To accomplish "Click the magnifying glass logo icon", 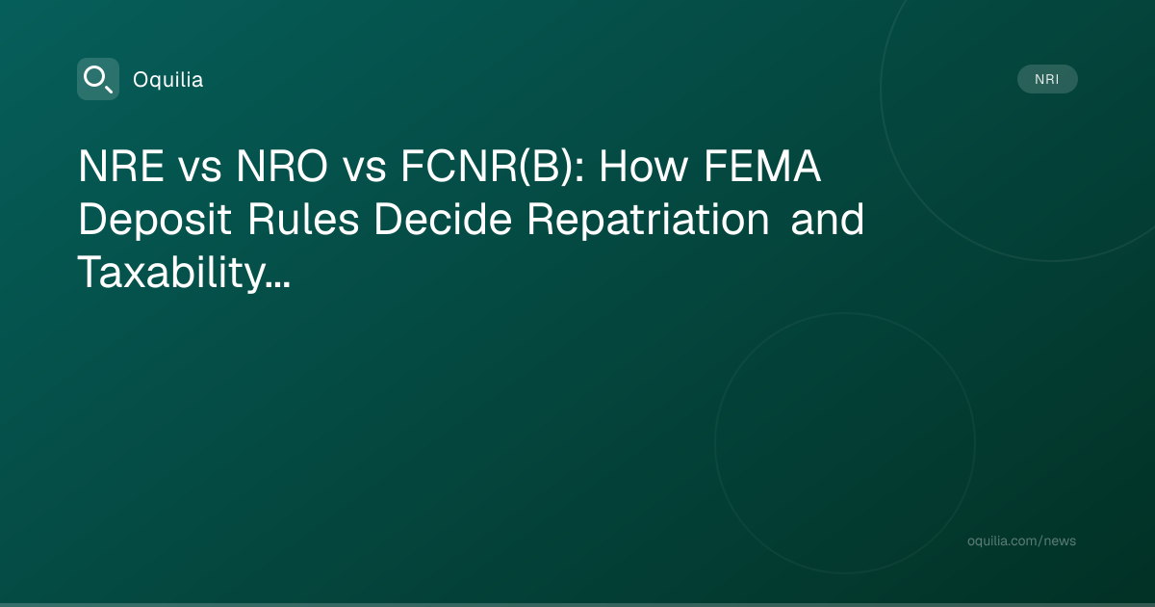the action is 98,79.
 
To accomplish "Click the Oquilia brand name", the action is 168,80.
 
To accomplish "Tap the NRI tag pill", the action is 1047,79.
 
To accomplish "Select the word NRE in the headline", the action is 121,166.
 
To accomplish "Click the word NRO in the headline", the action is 281,166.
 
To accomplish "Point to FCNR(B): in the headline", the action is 493,166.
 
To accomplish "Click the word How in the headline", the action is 644,166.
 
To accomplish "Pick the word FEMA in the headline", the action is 762,166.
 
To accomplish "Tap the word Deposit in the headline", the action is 155,221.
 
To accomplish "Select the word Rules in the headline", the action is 303,220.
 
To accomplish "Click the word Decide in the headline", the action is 443,220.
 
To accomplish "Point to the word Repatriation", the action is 649,221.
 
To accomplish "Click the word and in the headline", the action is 827,220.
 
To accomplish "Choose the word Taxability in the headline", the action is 171,273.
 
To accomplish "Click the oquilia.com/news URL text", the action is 1021,541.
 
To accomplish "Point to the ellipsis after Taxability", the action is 279,284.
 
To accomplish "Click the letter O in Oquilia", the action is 141,80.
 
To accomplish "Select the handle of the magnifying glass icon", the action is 108,89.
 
